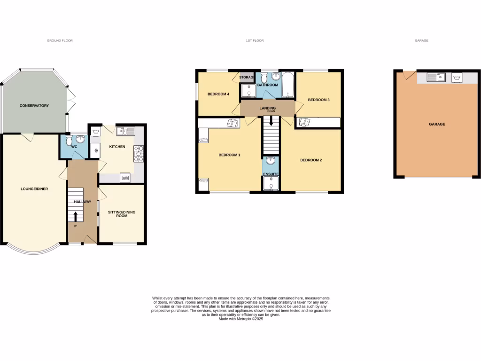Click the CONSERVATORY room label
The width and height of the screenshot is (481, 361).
pyautogui.click(x=34, y=106)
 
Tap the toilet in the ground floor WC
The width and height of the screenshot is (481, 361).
pyautogui.click(x=70, y=141)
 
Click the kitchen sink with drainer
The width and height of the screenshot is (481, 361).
pyautogui.click(x=126, y=131)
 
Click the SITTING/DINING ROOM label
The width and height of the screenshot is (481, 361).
pyautogui.click(x=123, y=214)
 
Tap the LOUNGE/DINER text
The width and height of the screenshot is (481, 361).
pyautogui.click(x=34, y=189)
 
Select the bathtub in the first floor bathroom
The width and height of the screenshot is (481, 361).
pyautogui.click(x=287, y=85)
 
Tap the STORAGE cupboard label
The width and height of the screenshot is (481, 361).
pyautogui.click(x=247, y=77)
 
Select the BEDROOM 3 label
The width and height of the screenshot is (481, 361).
pyautogui.click(x=318, y=100)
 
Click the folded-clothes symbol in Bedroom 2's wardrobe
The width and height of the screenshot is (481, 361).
pyautogui.click(x=304, y=122)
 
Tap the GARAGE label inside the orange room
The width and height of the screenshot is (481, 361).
pyautogui.click(x=436, y=125)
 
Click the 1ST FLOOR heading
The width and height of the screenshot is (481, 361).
pyautogui.click(x=255, y=41)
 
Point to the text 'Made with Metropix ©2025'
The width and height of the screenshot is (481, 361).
pyautogui.click(x=241, y=319)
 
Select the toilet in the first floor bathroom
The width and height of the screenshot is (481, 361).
pyautogui.click(x=264, y=77)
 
